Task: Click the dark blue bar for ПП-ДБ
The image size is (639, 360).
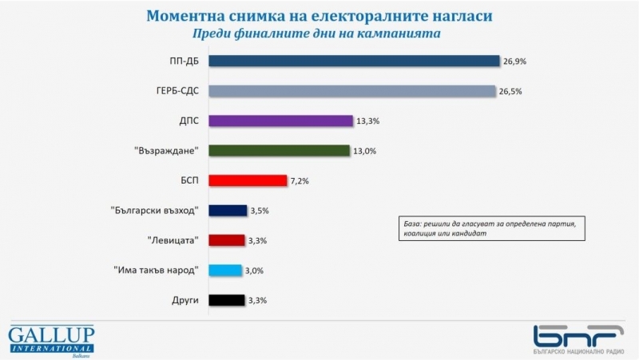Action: tap(354, 61)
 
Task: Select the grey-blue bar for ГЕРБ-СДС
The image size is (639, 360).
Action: tap(352, 90)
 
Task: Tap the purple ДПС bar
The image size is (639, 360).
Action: tap(280, 121)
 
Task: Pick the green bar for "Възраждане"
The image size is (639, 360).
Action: tap(279, 150)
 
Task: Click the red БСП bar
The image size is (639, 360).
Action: tap(247, 180)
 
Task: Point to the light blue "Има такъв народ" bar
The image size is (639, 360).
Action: tap(224, 271)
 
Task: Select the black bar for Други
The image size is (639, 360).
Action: tap(226, 300)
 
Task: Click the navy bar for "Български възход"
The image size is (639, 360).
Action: tap(228, 211)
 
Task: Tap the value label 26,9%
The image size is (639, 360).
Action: tap(514, 61)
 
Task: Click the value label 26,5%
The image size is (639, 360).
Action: tap(511, 91)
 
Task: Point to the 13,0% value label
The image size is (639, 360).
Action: tap(365, 151)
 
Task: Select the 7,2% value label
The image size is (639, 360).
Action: tap(299, 181)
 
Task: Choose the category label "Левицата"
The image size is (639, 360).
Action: tap(173, 240)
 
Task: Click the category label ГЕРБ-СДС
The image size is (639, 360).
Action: tap(174, 90)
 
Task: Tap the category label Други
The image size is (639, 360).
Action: tap(185, 300)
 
